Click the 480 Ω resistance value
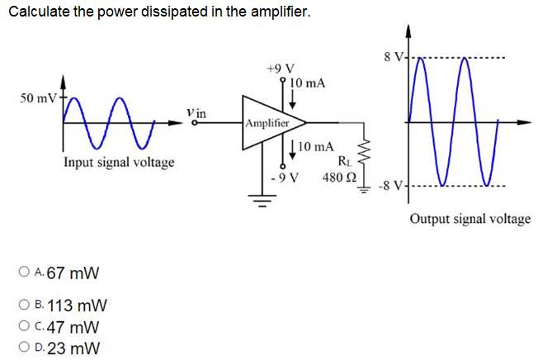click(x=338, y=178)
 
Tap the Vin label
click(x=196, y=112)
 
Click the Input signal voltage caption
click(x=119, y=162)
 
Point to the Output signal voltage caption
click(x=470, y=219)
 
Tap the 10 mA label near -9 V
click(x=315, y=147)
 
